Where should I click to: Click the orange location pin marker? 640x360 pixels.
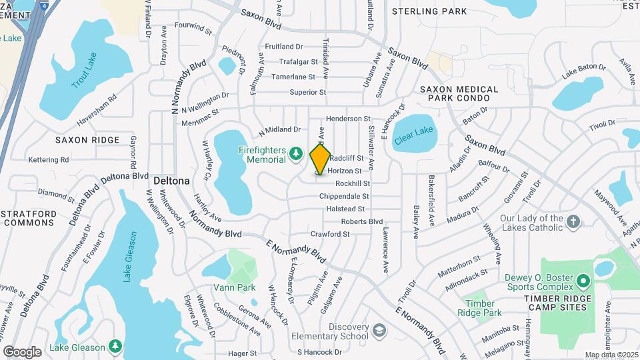click(320, 159)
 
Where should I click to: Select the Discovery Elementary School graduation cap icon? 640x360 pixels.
click(379, 331)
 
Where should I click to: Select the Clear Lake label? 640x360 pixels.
click(414, 133)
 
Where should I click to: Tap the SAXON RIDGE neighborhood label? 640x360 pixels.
click(87, 140)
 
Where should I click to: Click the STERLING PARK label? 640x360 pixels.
click(429, 11)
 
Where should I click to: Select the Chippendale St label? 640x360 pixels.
click(344, 197)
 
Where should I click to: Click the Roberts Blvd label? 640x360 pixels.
click(362, 221)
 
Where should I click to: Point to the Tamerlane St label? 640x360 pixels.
click(297, 77)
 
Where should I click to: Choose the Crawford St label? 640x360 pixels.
click(330, 234)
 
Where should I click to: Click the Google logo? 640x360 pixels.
click(22, 351)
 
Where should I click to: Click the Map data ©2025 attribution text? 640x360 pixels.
click(611, 355)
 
